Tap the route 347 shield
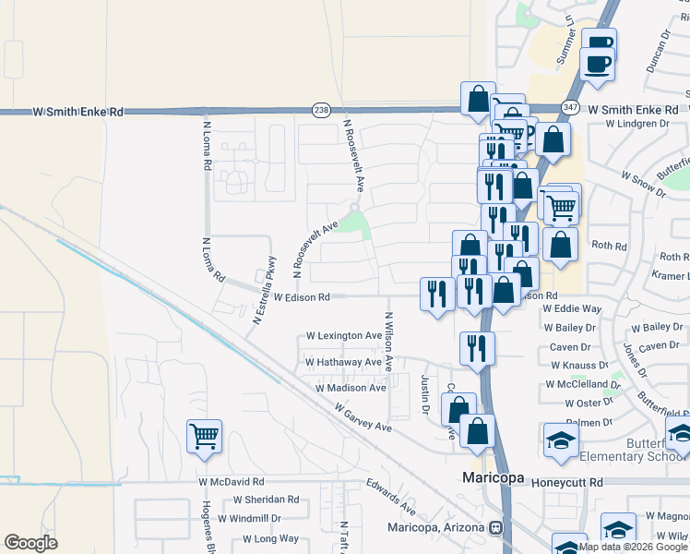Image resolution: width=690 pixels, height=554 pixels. point(571,109)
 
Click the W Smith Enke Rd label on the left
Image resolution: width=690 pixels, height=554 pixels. point(77,112)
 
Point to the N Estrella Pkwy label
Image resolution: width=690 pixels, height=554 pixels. point(265,289)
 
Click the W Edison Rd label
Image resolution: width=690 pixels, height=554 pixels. point(302,297)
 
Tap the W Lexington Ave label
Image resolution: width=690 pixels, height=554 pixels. point(343,335)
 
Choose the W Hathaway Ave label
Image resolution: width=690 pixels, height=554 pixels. point(343,363)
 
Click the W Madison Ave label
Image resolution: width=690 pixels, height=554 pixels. point(351,389)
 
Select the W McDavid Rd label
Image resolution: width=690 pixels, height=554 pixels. point(231,482)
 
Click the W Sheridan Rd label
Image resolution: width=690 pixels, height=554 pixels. point(266,500)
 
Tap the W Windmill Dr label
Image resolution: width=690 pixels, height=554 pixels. point(249,519)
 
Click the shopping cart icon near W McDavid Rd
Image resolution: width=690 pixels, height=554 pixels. point(204,436)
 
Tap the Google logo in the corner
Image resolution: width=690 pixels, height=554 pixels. point(30,543)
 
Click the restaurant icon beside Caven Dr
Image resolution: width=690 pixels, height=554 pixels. point(476,348)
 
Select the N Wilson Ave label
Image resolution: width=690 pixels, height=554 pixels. point(389,334)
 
